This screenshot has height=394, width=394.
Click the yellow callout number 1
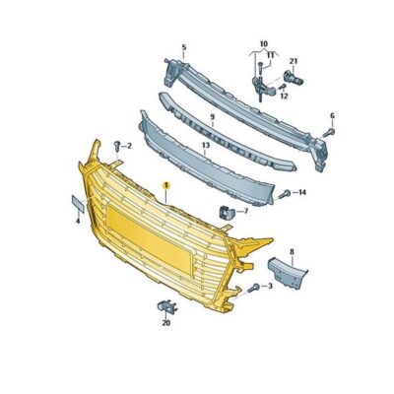point(166,184)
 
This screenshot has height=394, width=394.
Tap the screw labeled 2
point(116,146)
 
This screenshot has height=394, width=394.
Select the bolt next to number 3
point(254,287)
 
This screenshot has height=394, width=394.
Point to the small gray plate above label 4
point(76,203)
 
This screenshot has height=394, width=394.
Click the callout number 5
point(182,46)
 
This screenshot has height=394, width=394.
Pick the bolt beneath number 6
point(329,130)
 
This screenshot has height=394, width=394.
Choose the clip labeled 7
point(225,211)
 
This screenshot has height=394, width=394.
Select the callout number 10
point(263,43)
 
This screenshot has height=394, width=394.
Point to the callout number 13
point(205,145)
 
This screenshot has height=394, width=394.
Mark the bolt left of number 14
point(286,193)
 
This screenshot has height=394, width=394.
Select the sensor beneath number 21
point(293,78)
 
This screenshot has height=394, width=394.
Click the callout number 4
point(77,222)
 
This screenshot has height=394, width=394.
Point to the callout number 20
point(165,322)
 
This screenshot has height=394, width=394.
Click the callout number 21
point(293,62)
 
